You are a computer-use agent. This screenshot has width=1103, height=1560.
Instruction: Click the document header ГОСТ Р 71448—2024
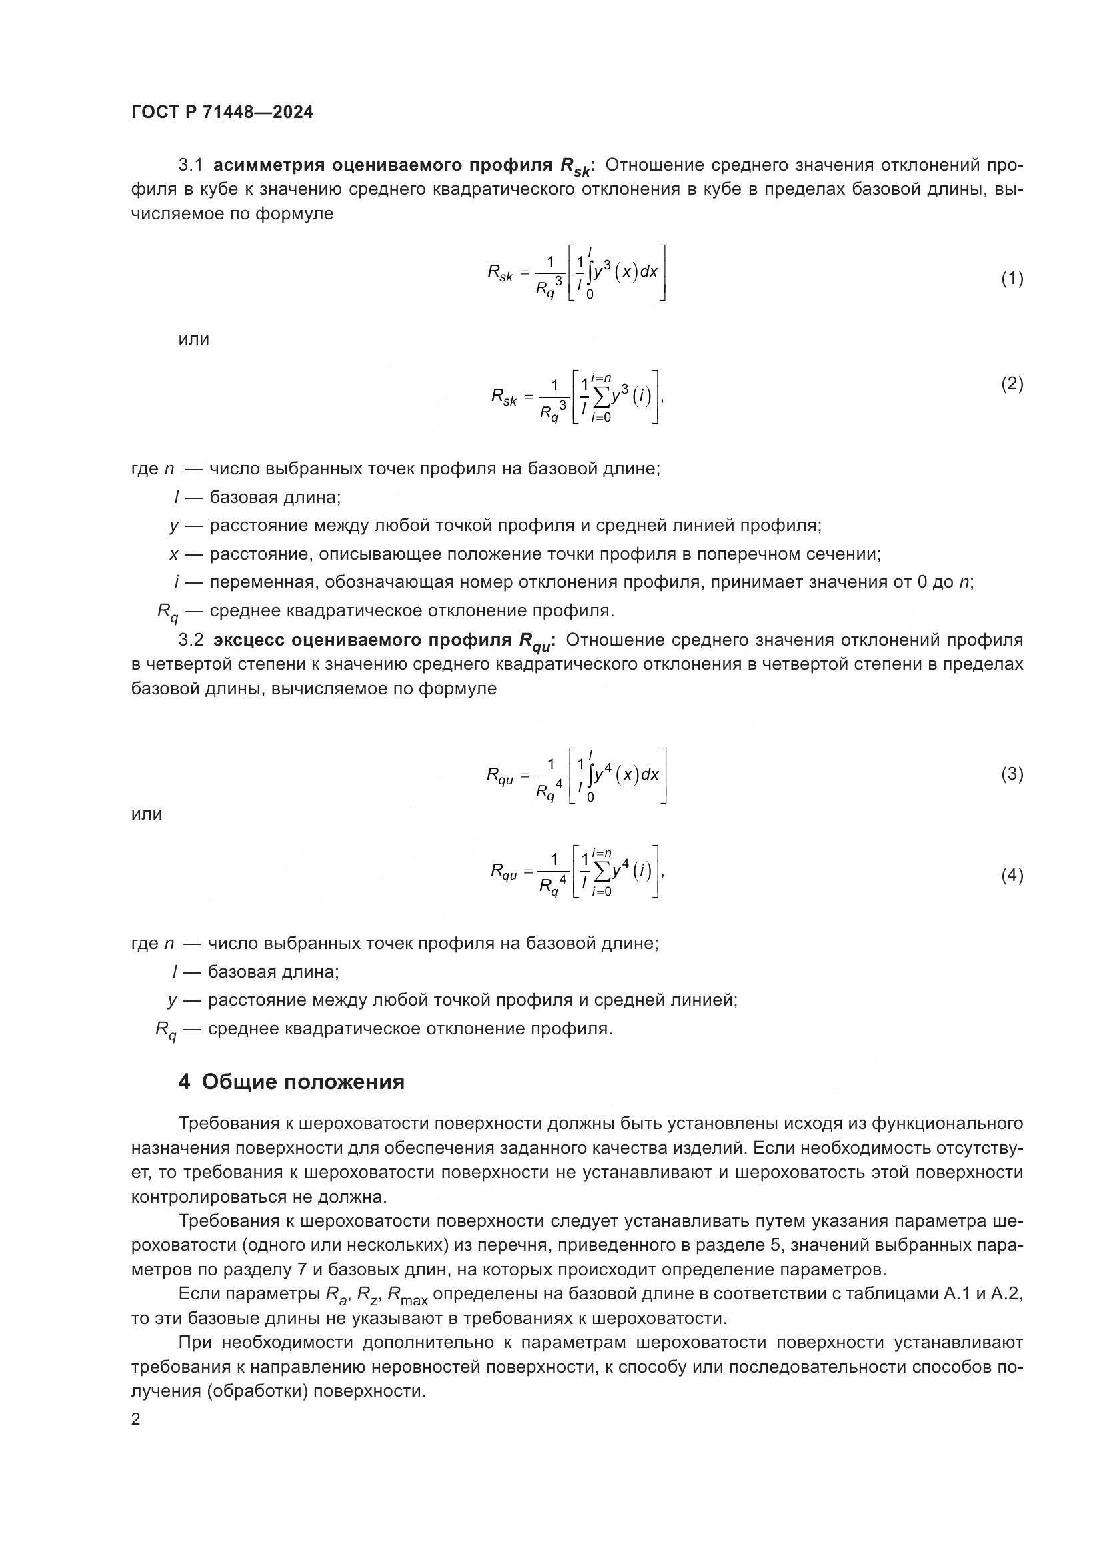click(x=222, y=113)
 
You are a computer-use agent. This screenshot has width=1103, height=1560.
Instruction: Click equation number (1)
click(x=1012, y=279)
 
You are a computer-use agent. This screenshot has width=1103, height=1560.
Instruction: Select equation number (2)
click(x=1012, y=385)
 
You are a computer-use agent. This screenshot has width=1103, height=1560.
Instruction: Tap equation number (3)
click(x=1012, y=774)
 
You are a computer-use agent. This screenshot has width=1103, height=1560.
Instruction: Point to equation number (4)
click(x=1012, y=876)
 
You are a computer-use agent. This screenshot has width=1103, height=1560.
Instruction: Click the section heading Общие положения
click(x=303, y=1082)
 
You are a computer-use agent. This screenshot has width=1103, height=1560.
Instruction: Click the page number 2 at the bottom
click(x=136, y=1419)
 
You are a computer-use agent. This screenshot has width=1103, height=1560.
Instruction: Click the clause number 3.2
click(x=191, y=640)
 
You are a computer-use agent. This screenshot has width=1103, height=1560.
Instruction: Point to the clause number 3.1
click(x=191, y=165)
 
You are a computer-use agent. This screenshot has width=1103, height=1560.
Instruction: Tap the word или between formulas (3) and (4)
click(x=147, y=814)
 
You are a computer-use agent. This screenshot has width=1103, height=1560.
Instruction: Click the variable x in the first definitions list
click(x=175, y=554)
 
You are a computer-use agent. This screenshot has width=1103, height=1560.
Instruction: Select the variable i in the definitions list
click(x=177, y=582)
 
